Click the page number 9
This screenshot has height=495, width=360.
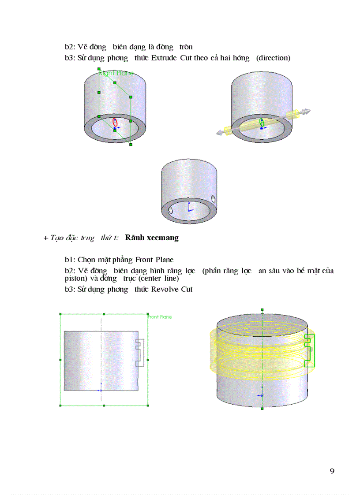coord(332,471)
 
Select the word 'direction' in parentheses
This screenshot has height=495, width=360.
coord(274,58)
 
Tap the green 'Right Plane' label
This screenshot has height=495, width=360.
coord(116,73)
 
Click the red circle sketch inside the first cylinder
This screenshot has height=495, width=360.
coord(115,122)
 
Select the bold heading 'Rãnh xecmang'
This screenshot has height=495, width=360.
coord(152,238)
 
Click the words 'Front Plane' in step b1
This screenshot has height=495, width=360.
coord(154,260)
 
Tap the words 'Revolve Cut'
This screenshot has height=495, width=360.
coord(172,290)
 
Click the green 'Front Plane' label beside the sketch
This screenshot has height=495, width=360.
coord(160,317)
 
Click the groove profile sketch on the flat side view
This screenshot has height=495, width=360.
coord(140,353)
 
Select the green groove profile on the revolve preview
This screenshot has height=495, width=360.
coord(310,350)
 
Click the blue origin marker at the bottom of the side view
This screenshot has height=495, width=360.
coord(101,390)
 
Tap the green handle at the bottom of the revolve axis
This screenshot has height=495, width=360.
coord(262,409)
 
